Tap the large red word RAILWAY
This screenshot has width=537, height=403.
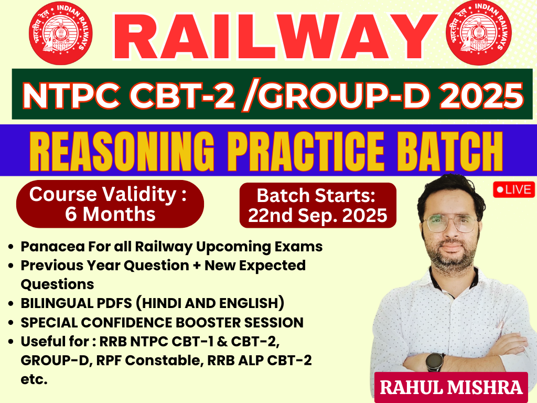click(267, 38)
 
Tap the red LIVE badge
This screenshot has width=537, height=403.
click(513, 189)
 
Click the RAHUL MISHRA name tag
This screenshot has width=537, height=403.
click(451, 387)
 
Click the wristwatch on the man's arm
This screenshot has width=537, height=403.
click(434, 362)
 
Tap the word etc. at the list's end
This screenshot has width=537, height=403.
click(34, 379)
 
